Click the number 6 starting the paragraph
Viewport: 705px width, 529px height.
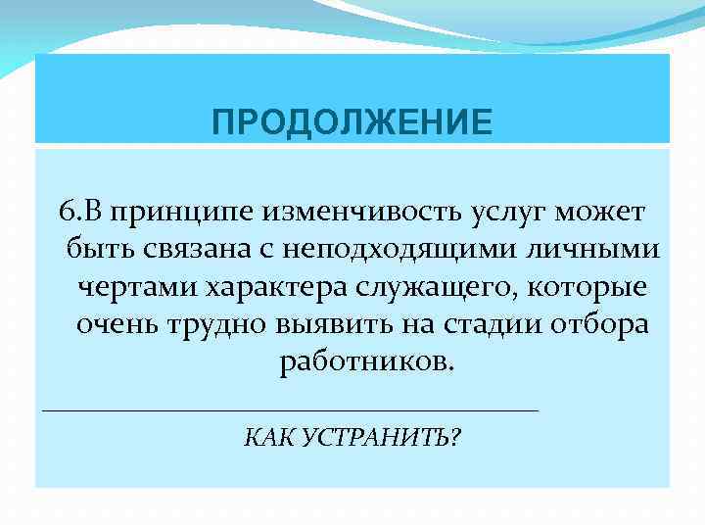[66, 212]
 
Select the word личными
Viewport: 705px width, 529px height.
[602, 249]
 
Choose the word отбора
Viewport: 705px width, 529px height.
[597, 324]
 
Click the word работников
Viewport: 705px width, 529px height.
[367, 361]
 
